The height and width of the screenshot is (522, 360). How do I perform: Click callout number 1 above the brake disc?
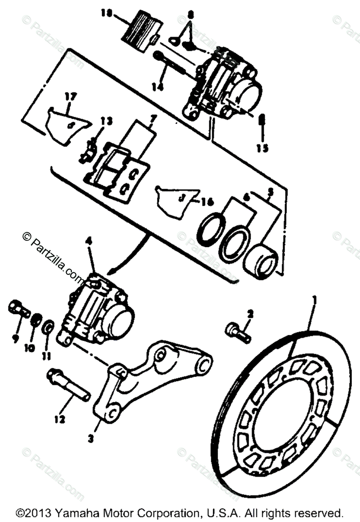point(314,300)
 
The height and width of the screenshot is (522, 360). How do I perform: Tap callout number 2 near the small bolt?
point(250,313)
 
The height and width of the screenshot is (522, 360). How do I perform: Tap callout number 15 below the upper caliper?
point(262,148)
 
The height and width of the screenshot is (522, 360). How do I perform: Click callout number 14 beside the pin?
point(158,87)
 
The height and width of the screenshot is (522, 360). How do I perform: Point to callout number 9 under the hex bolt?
point(16,338)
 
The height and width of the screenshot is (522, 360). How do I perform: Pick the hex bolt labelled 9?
point(18,309)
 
